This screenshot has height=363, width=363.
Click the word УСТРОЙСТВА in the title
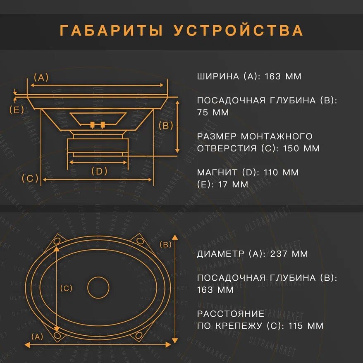239,31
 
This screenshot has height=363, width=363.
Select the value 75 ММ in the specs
213,112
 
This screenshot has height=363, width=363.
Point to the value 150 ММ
301,148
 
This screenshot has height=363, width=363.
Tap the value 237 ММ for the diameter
289,254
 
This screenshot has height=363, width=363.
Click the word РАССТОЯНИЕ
230,314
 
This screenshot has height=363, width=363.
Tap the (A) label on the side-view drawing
41,77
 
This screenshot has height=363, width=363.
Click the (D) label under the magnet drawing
99,171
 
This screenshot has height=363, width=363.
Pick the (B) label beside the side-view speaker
166,126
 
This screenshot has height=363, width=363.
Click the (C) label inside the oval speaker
66,288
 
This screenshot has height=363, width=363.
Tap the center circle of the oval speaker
99,287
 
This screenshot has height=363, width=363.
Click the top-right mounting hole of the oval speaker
140,241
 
